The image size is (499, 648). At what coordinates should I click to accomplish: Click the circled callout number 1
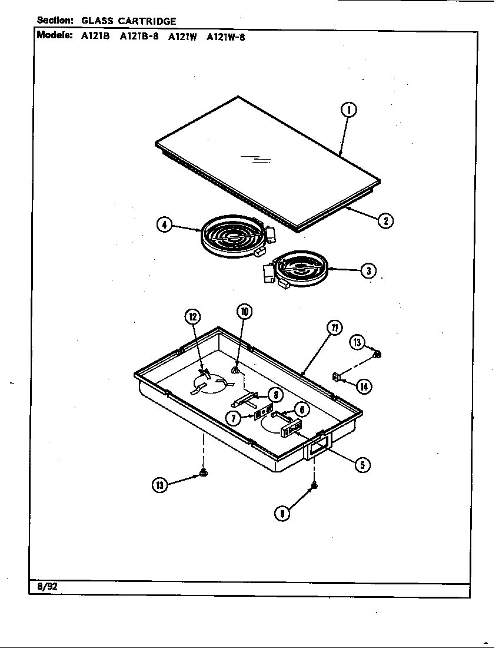coord(349,110)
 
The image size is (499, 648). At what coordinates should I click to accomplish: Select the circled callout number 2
coord(385,221)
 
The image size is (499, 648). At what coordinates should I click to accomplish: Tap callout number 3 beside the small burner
coord(368,270)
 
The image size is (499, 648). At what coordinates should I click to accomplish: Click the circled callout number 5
coord(362,465)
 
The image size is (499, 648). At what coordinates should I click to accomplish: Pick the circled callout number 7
coord(234,419)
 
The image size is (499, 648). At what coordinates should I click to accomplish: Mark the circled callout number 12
coord(192,317)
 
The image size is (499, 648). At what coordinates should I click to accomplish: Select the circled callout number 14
coord(364,386)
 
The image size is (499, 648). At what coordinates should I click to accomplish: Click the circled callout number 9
coord(282,513)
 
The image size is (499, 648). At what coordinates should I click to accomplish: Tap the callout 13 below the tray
coord(160,485)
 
